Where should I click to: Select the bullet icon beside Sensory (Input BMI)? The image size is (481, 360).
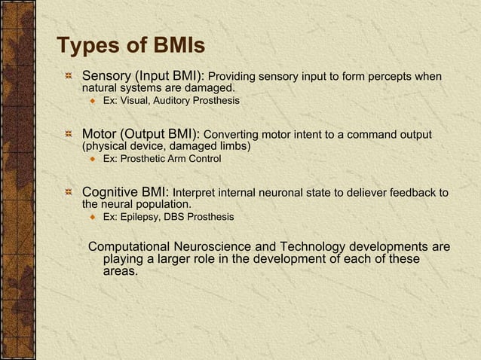tap(69, 77)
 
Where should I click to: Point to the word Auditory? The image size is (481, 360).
tap(172, 100)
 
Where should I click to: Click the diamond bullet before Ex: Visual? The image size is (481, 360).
tap(92, 100)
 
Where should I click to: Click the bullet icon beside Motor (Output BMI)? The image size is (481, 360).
tap(69, 135)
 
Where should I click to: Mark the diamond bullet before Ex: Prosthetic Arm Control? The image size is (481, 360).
tap(92, 159)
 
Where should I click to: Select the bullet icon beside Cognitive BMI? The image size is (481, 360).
tap(69, 193)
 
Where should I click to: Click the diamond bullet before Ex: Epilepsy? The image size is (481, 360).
tap(92, 217)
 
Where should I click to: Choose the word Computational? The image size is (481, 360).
tap(130, 247)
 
